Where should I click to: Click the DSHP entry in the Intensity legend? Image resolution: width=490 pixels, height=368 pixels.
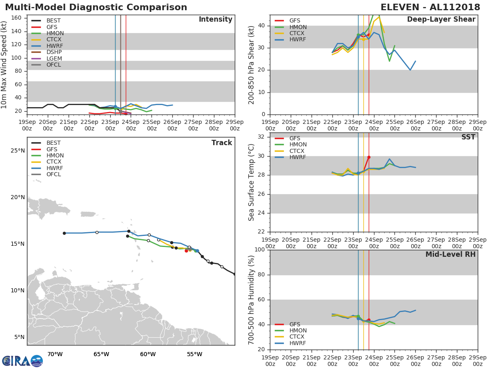point(54,52)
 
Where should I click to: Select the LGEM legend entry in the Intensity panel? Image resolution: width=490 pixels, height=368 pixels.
point(54,58)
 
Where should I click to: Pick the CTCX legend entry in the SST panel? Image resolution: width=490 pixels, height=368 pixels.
point(298,151)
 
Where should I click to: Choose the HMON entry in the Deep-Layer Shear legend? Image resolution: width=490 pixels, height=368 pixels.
point(298,27)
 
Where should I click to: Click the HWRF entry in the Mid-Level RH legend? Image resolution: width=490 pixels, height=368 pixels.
point(298,343)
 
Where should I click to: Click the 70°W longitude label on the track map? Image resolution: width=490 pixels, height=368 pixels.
point(55,354)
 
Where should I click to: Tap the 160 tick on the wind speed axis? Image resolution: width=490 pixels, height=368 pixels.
point(16,18)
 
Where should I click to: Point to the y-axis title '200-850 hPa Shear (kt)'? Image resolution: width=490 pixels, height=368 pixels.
point(252,65)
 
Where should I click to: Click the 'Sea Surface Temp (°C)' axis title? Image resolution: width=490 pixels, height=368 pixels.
point(252,182)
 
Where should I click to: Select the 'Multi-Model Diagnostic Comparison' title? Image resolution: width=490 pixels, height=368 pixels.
point(96,7)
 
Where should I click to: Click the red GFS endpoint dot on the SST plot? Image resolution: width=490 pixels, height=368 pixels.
point(369,157)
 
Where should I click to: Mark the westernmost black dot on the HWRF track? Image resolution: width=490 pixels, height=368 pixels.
point(64,233)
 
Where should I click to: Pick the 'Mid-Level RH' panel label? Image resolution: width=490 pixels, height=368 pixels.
point(450,254)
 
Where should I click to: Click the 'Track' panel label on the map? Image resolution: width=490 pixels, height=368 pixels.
point(222,143)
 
